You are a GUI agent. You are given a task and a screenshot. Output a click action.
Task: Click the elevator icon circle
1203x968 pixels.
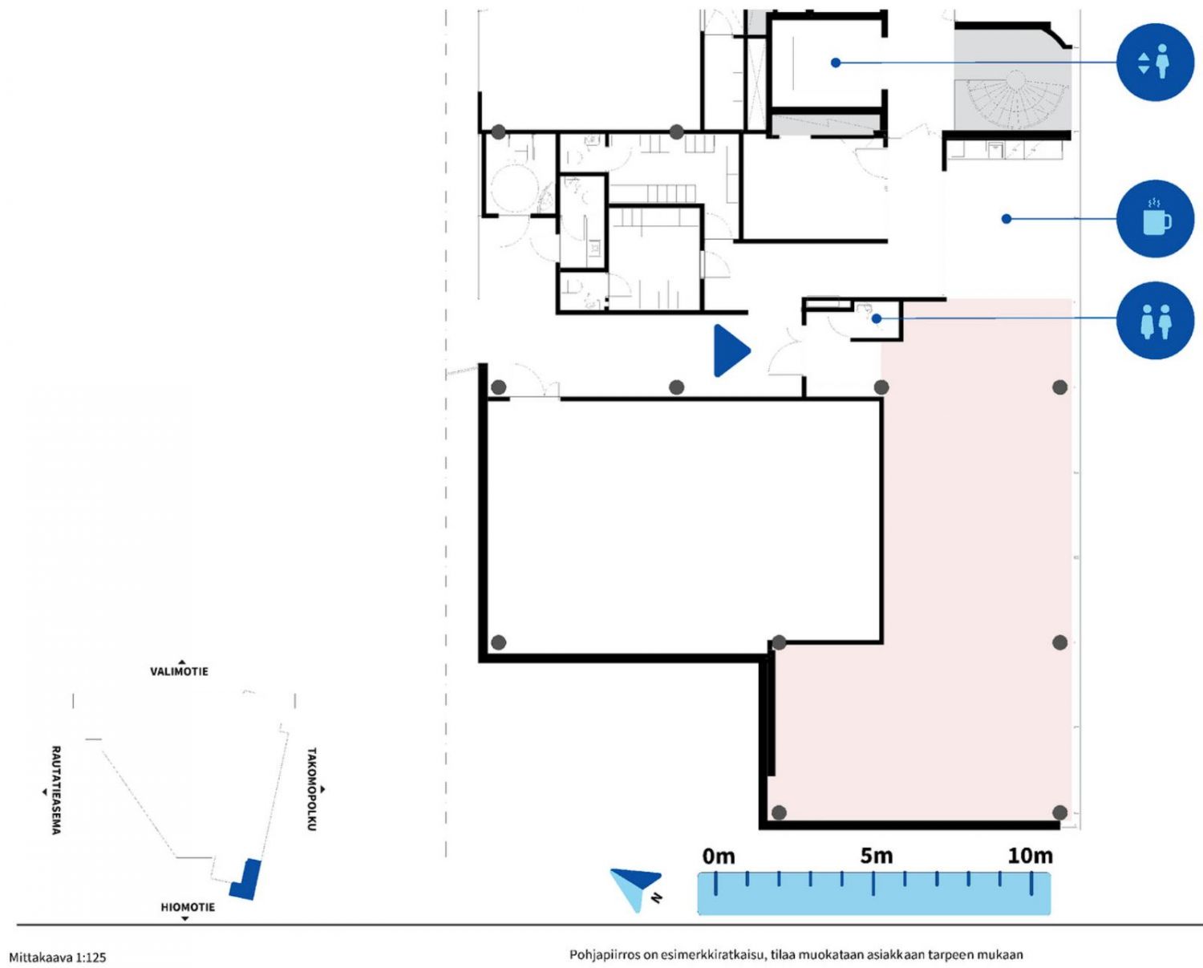click(x=1155, y=62)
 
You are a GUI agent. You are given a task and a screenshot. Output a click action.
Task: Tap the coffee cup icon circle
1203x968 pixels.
click(x=1155, y=219)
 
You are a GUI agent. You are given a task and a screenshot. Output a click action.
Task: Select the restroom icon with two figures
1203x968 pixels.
click(x=1155, y=321)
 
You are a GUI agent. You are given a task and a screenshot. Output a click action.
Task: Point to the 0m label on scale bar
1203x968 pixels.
click(x=719, y=857)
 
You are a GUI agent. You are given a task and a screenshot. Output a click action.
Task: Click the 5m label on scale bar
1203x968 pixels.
click(x=876, y=857)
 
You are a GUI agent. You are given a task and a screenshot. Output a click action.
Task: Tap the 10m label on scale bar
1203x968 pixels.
click(x=1030, y=857)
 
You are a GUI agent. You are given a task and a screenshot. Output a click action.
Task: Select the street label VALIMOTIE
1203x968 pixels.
click(x=179, y=671)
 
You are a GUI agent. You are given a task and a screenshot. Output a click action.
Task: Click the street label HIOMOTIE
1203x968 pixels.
click(x=188, y=907)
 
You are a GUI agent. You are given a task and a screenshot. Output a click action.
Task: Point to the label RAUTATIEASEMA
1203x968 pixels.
click(x=56, y=790)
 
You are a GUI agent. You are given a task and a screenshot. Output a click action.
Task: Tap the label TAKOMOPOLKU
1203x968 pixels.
click(x=312, y=789)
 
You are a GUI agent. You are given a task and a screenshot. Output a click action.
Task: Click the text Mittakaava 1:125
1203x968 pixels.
click(x=57, y=957)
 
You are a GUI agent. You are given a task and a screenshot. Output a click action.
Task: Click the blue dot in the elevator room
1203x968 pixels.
click(x=836, y=63)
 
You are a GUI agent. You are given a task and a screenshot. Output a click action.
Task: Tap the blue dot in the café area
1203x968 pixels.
click(x=1007, y=219)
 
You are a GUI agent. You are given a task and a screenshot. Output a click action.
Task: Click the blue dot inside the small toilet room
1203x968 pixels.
click(x=877, y=318)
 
